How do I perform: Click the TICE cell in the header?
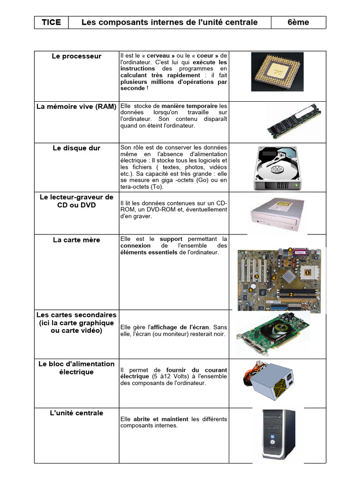click(51, 22)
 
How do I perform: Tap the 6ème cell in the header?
click(298, 22)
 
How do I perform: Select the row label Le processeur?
click(76, 56)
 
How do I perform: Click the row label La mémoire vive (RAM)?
click(76, 106)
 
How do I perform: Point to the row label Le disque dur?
click(76, 148)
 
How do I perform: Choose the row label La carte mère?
click(76, 240)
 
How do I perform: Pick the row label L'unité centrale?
click(76, 413)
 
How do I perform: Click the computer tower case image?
click(278, 435)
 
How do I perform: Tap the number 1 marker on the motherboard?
click(307, 272)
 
